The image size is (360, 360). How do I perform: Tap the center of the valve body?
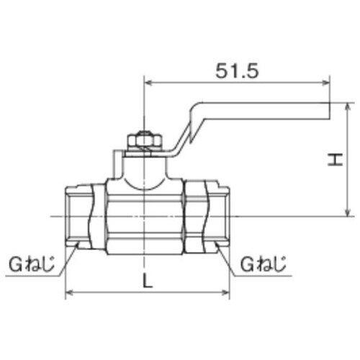144,216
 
